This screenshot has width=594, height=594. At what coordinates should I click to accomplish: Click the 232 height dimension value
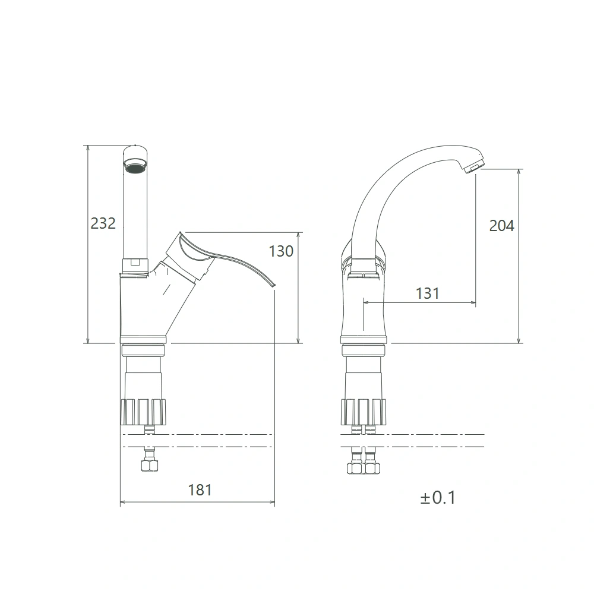coord(103,223)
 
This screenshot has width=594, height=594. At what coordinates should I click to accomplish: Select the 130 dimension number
coord(281,251)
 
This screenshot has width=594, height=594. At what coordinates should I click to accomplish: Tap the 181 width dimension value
coord(200,490)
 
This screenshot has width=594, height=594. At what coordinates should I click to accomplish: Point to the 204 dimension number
coord(501,226)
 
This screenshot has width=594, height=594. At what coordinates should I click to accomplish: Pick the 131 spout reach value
coord(428,293)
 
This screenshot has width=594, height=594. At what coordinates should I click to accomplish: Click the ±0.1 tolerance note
coord(438,498)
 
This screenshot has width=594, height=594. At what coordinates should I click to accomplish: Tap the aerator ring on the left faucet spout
coord(135,166)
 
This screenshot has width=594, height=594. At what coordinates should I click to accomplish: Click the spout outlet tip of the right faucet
coord(473,167)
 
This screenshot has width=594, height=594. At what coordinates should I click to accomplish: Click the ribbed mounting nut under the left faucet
coord(143,412)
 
